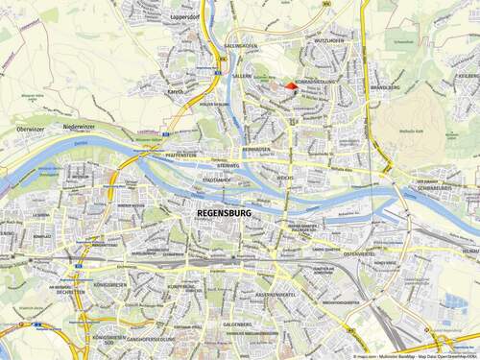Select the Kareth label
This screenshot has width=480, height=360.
pyautogui.click(x=176, y=92)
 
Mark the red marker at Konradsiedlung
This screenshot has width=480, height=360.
pyautogui.click(x=292, y=86)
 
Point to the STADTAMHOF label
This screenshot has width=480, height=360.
pyautogui.click(x=217, y=179)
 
